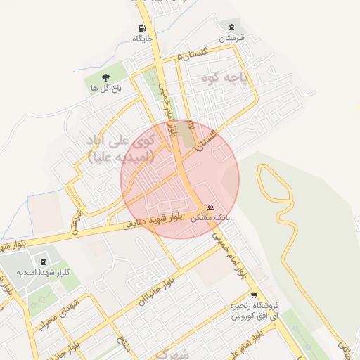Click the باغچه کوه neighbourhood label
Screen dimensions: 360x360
[x=224, y=75]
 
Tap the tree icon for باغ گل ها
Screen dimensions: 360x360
[x=105, y=77]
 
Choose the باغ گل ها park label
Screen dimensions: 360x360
[x=106, y=88]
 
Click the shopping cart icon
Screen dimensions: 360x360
[x=254, y=295]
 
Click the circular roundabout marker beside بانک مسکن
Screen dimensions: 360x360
[x=205, y=212]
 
